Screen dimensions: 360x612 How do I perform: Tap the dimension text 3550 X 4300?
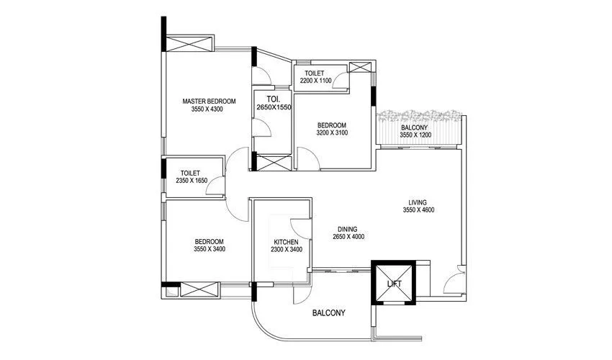click(x=207, y=110)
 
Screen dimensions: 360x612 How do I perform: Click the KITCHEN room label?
click(x=286, y=242)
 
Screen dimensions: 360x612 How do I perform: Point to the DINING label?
click(x=349, y=228)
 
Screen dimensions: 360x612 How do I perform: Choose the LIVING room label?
click(x=418, y=202)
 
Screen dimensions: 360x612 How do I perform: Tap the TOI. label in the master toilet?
click(x=273, y=99)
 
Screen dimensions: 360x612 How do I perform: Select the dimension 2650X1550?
click(x=273, y=107)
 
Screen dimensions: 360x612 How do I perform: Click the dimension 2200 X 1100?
click(x=315, y=81)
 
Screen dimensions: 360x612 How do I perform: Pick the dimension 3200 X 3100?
click(x=332, y=132)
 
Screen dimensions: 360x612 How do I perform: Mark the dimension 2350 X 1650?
click(x=191, y=181)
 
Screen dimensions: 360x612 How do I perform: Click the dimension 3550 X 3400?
click(x=208, y=250)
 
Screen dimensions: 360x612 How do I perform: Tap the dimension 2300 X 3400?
click(x=286, y=250)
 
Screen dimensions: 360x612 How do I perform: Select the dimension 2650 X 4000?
click(x=349, y=237)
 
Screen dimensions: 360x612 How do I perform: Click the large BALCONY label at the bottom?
click(x=328, y=313)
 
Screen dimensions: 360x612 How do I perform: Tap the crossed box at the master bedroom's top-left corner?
click(x=189, y=43)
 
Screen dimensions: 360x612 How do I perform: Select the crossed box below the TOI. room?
click(x=271, y=162)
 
